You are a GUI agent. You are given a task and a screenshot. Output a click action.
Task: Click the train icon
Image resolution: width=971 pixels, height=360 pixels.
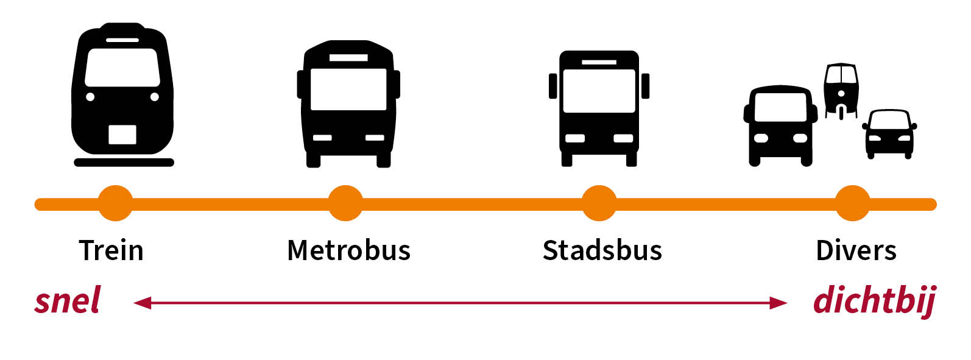pos(122,91)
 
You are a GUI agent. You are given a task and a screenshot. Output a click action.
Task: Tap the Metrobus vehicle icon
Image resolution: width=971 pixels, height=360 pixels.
pos(348,104)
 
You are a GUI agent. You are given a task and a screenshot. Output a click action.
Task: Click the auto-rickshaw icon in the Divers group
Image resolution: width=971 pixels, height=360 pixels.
pos(841,90)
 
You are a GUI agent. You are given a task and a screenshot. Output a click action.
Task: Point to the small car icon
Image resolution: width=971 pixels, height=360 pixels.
pos(889,134)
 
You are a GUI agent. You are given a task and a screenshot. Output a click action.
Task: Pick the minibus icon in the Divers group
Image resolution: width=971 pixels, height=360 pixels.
pos(780,125)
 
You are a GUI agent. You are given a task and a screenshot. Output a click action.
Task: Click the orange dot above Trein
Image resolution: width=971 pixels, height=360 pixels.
pos(115,203)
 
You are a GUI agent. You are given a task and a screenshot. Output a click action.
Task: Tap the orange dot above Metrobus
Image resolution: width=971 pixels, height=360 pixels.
pos(345,203)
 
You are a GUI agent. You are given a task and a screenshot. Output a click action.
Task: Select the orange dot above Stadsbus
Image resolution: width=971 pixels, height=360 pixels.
pos(599,203)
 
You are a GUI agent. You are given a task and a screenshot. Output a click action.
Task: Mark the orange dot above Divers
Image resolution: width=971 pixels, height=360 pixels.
pos(852,203)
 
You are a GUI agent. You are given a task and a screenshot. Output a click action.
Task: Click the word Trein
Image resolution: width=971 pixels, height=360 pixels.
pos(111,250)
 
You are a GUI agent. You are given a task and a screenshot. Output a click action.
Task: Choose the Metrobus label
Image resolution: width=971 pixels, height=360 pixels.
pos(348,250)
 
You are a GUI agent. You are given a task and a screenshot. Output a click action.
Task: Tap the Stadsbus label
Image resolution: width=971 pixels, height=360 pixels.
pos(602,250)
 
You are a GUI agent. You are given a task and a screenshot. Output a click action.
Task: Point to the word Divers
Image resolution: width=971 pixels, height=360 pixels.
pos(856,250)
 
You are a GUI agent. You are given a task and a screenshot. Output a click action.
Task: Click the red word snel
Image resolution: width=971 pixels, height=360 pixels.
pos(68,302)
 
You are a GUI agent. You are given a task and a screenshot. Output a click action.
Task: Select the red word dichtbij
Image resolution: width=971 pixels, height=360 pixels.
pos(874,302)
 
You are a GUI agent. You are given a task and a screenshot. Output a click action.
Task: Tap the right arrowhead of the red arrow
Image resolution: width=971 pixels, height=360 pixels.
pos(778,303)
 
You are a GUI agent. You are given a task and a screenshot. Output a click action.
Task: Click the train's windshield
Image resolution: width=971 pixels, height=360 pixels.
pos(122,67)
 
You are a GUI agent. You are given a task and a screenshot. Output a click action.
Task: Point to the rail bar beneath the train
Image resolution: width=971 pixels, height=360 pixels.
pos(124,163)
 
